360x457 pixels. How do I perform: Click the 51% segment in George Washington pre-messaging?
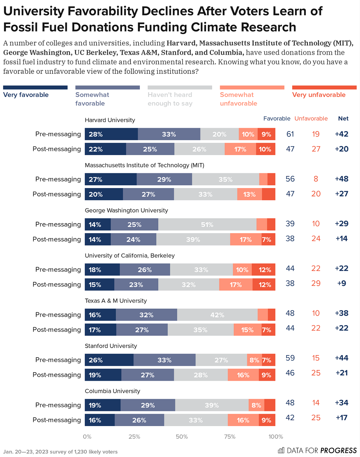(x=207, y=224)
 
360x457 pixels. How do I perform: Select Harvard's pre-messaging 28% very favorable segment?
(x=111, y=134)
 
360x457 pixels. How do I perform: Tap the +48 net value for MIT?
(x=341, y=179)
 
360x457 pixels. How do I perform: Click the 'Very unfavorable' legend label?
(x=319, y=95)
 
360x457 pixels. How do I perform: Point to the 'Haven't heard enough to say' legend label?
(x=170, y=99)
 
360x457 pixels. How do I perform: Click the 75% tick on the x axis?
(x=230, y=437)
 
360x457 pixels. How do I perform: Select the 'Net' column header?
(x=343, y=118)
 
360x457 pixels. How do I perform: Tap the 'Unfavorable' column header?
(x=311, y=118)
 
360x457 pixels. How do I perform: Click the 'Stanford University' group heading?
(x=111, y=346)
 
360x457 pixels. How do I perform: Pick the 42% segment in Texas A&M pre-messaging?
(x=217, y=315)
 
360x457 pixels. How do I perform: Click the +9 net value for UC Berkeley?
(x=341, y=283)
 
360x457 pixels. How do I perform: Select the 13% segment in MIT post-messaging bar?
(x=250, y=194)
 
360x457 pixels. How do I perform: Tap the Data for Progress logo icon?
(x=281, y=450)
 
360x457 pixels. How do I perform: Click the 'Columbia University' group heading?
(x=112, y=391)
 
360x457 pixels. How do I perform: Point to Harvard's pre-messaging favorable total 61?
(x=290, y=134)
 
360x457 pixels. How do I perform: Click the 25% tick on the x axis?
(x=134, y=437)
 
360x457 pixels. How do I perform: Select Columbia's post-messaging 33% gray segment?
(x=196, y=420)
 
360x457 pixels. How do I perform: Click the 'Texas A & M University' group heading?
(x=116, y=301)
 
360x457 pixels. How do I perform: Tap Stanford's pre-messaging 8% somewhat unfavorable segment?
(x=255, y=360)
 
